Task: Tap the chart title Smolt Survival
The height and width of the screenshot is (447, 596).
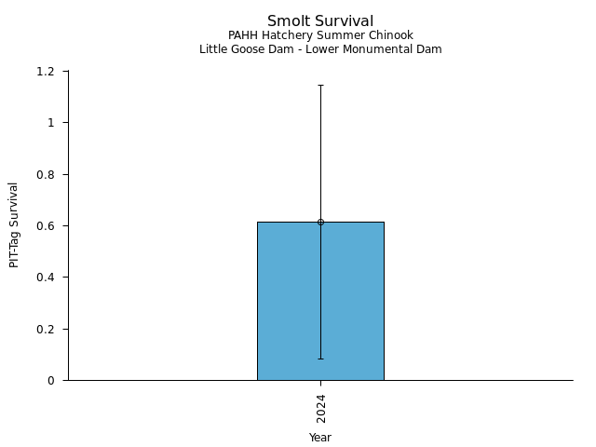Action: click(x=320, y=21)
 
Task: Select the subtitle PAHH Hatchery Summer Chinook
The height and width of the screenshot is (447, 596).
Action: click(x=320, y=35)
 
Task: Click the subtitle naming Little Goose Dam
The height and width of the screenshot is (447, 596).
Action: click(x=320, y=49)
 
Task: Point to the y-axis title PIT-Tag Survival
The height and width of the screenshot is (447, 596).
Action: click(x=14, y=224)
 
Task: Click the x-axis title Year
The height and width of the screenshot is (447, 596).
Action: click(x=320, y=437)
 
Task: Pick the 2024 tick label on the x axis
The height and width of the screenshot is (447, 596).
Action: click(x=320, y=408)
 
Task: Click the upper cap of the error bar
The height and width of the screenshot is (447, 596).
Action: click(x=320, y=85)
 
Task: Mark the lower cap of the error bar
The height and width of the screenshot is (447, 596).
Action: click(x=320, y=359)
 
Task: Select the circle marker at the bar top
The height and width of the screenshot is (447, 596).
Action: click(x=320, y=222)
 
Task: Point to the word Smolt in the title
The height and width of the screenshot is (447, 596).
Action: click(x=288, y=21)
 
